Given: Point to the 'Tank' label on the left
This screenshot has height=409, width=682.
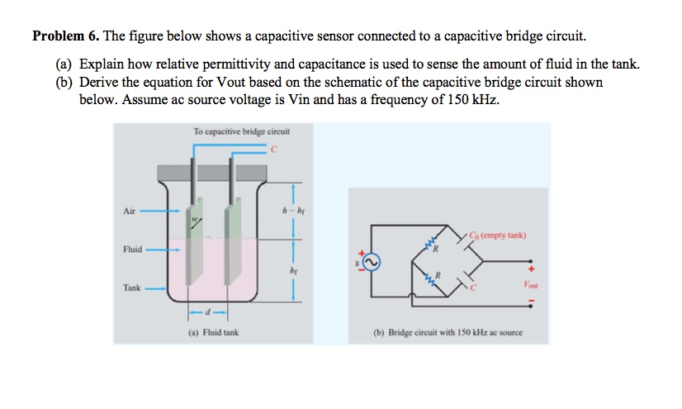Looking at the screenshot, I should tap(130, 288).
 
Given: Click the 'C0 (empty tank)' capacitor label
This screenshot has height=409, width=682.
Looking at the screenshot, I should tap(496, 235).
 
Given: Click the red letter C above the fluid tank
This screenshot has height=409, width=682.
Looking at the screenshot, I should tap(272, 149).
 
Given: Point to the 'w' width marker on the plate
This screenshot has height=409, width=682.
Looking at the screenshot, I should tap(196, 218).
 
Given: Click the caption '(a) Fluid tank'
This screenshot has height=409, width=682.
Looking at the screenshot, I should tap(206, 333).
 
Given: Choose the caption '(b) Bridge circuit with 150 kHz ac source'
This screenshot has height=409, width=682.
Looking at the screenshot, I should tap(448, 333).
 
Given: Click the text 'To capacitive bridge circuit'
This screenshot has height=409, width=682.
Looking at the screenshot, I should tap(241, 131).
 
